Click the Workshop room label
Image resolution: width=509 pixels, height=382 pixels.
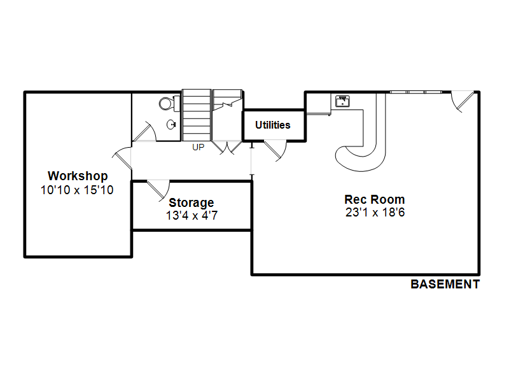click(x=78, y=176)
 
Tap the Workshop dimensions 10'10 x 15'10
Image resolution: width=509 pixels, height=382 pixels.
click(x=77, y=190)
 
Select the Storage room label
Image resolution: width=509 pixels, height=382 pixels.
click(x=192, y=203)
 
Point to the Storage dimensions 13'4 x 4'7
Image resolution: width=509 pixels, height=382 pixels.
click(x=192, y=216)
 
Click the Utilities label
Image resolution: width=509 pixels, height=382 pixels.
click(x=273, y=125)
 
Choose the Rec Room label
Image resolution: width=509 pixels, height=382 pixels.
click(x=375, y=199)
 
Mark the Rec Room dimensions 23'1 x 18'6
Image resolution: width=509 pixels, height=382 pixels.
click(x=375, y=213)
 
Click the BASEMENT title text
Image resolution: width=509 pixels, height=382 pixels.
click(x=445, y=284)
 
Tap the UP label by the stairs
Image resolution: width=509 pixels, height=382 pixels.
click(x=199, y=147)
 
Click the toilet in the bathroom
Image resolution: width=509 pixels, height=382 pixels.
click(x=169, y=104)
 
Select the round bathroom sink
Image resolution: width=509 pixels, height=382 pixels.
click(x=171, y=124)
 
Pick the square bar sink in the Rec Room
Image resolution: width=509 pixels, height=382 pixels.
click(x=342, y=101)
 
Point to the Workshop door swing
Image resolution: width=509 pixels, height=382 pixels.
click(x=122, y=158)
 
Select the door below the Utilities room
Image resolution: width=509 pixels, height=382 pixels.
click(x=275, y=150)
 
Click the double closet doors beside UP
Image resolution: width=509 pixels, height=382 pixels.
click(x=227, y=147)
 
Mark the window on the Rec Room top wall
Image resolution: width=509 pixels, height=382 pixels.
click(x=416, y=92)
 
